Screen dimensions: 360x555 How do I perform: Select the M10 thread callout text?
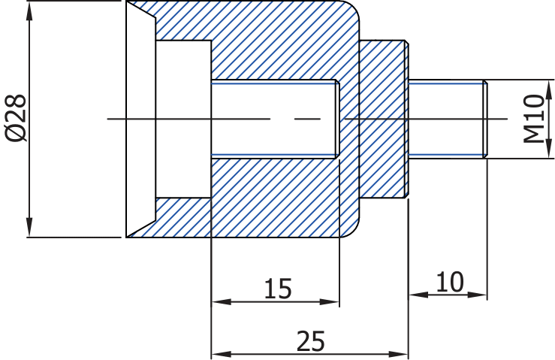click(534, 118)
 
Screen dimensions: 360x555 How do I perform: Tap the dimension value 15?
click(277, 289)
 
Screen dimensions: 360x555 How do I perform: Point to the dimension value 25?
click(310, 341)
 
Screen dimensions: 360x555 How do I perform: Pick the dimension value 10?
click(449, 283)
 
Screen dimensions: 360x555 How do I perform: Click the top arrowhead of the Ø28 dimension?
click(30, 9)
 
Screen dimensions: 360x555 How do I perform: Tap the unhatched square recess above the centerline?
click(183, 60)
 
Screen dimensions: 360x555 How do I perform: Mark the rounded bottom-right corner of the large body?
click(351, 228)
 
